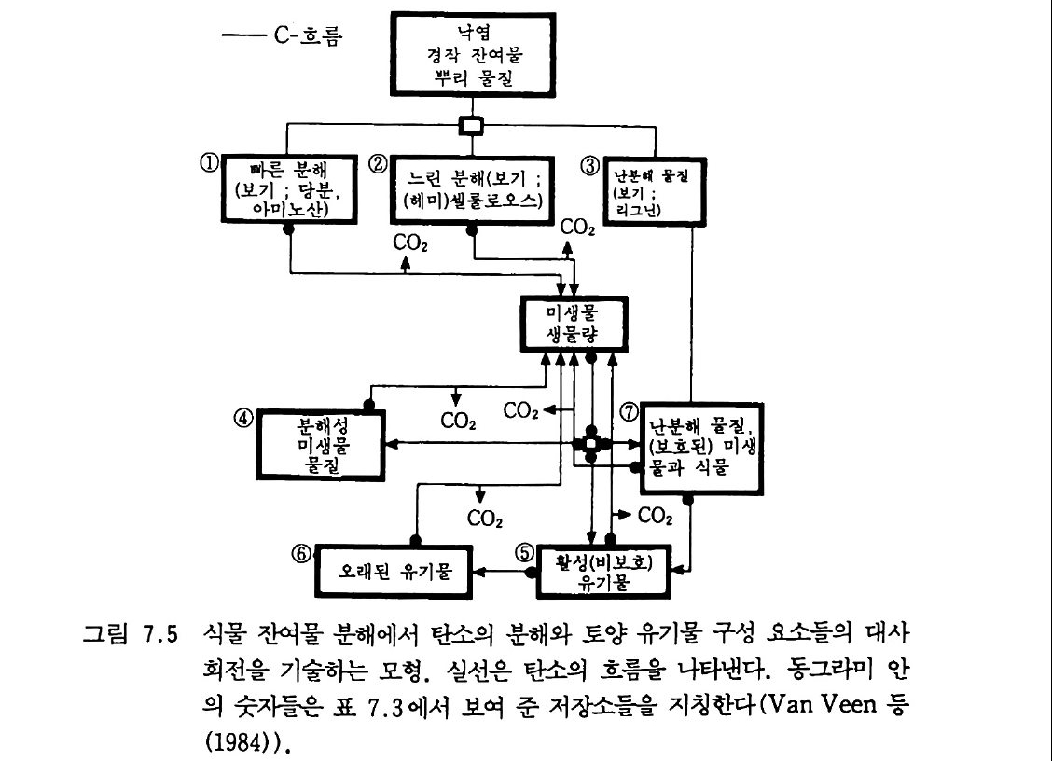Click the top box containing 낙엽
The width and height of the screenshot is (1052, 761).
[472, 58]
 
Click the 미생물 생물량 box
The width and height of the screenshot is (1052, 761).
[575, 324]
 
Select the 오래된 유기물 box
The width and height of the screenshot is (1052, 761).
[394, 569]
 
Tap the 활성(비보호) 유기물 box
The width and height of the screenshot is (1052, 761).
[605, 569]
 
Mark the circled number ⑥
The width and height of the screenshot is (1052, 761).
[300, 552]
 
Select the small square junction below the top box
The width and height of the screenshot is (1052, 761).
[473, 124]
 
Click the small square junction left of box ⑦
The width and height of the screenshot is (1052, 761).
[588, 443]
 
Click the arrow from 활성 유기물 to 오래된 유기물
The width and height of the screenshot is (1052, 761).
[500, 569]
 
